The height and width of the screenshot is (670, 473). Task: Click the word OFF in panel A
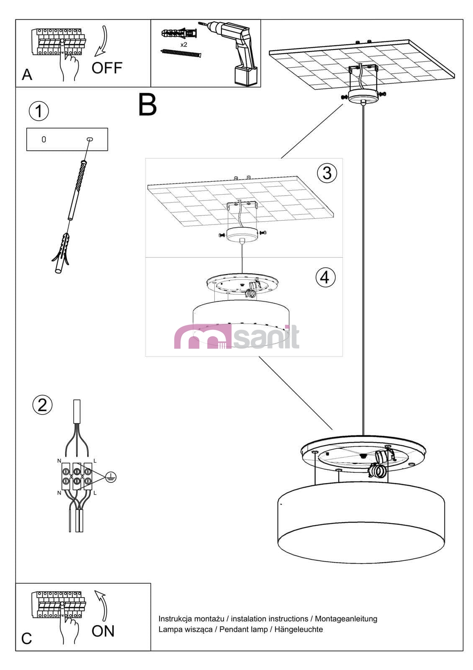[x=107, y=68]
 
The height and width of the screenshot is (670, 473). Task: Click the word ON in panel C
[x=103, y=631]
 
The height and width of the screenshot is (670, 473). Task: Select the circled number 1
[x=39, y=111]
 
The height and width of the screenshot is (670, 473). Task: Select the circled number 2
[x=42, y=405]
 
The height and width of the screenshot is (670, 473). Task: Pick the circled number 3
[x=327, y=173]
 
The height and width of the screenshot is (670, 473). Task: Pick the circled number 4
[x=325, y=277]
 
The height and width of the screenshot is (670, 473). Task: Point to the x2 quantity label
[x=184, y=44]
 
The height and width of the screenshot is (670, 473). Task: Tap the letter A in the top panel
[x=27, y=75]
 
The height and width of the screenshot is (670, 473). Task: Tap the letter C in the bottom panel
[x=26, y=639]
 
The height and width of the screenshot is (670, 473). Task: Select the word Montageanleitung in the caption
[x=346, y=618]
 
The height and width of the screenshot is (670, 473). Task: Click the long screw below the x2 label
[x=181, y=53]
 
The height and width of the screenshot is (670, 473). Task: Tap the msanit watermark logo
[x=236, y=337]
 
